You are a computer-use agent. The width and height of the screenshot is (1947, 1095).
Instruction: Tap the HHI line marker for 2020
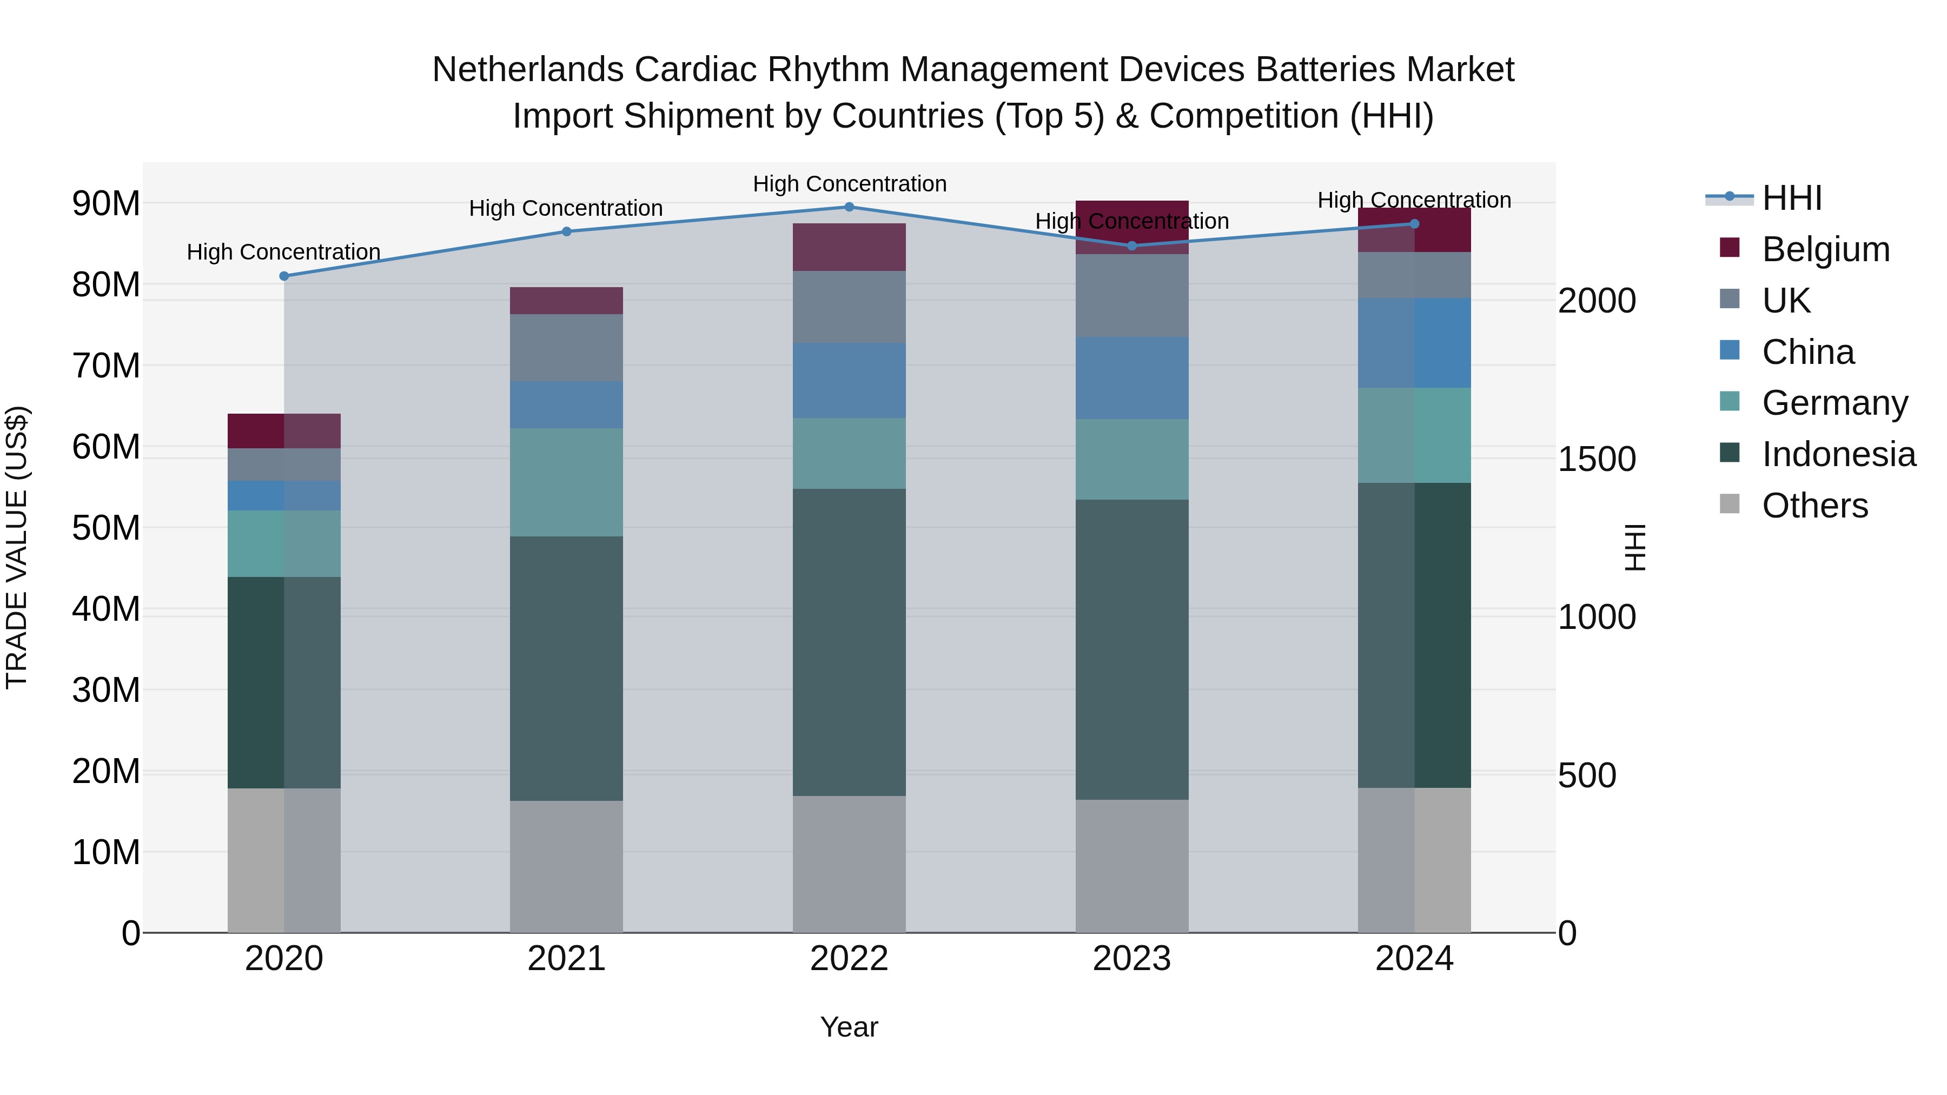click(284, 276)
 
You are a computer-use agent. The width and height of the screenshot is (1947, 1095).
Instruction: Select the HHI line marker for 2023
click(1131, 245)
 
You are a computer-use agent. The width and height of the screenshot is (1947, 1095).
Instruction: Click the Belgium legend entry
click(1825, 249)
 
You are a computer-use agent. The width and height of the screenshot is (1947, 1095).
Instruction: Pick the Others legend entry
click(1814, 506)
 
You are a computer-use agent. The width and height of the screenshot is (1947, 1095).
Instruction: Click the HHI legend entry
click(1791, 198)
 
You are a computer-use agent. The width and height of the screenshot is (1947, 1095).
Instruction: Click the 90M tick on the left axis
click(106, 203)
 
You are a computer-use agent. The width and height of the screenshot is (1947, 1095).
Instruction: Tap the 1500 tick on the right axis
click(1597, 459)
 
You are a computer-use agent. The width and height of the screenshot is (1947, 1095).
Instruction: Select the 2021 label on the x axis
click(566, 959)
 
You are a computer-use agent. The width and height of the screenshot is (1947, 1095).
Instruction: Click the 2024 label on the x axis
click(1414, 959)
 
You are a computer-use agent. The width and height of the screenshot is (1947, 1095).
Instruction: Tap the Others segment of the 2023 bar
click(1131, 866)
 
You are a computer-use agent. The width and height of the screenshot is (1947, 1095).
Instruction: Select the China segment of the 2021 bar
click(566, 405)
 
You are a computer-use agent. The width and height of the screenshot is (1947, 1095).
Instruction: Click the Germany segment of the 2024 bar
click(1414, 435)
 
